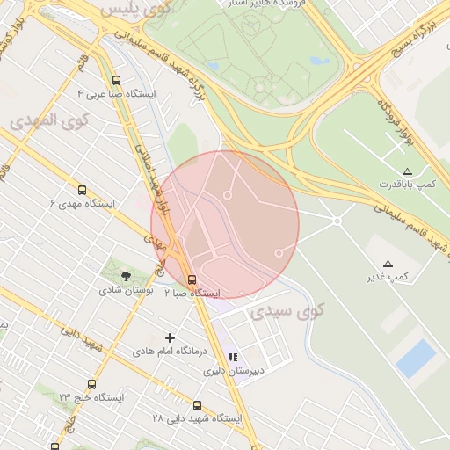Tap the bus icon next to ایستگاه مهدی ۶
[82, 190]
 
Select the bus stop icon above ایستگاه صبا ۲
[192, 279]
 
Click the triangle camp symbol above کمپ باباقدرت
[406, 171]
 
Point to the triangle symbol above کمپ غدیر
[388, 264]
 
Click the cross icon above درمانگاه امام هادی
[171, 337]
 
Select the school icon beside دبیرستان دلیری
[233, 357]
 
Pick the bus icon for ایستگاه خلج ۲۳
[92, 384]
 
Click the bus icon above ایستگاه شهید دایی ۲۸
[197, 405]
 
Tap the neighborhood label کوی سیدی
[287, 310]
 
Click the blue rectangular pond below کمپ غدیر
[416, 359]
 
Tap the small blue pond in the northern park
[320, 62]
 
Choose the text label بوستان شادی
[126, 289]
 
